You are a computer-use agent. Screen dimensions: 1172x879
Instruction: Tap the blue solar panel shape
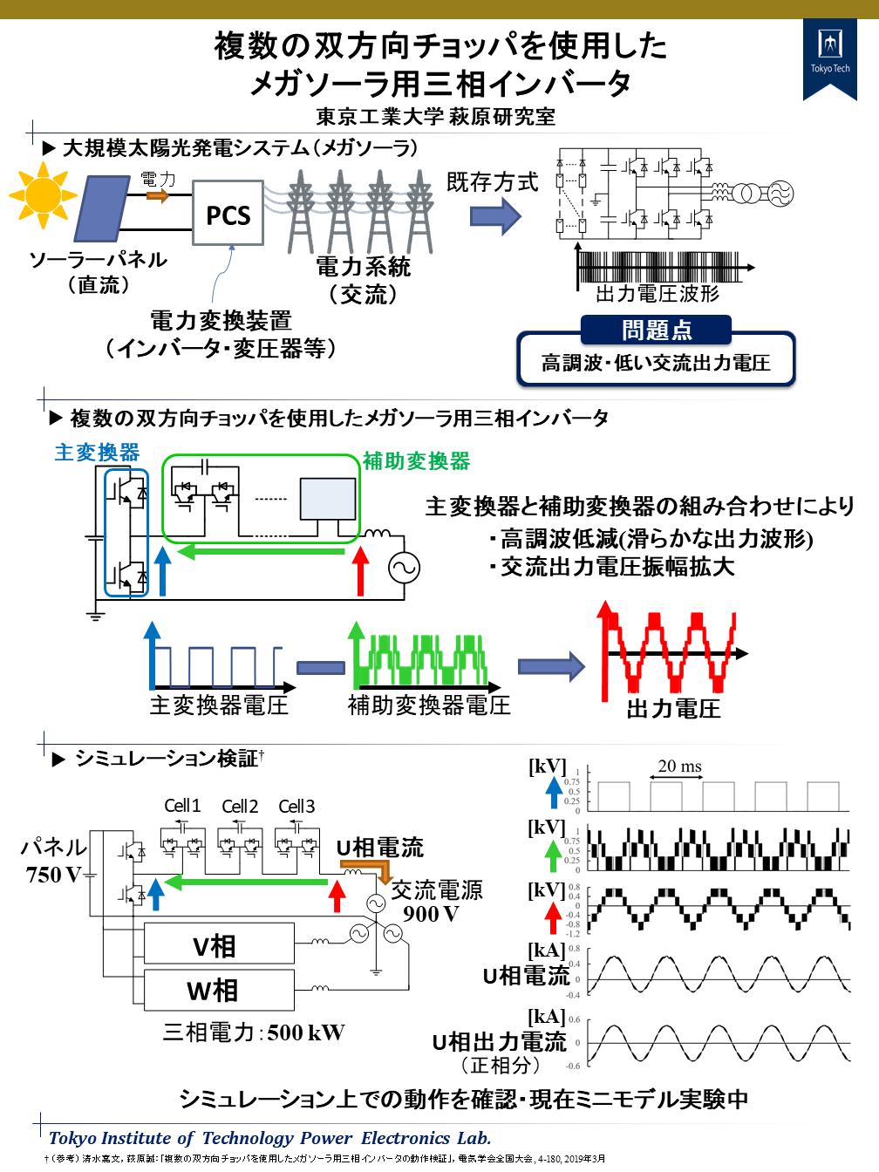coord(102,208)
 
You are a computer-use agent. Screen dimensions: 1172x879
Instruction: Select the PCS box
coord(228,215)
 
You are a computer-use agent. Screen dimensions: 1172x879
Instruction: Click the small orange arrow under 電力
coord(158,195)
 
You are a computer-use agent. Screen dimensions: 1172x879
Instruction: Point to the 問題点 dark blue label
coord(657,330)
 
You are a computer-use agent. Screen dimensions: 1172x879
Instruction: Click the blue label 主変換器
coord(97,453)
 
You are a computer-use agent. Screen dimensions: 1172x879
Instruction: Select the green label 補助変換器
coord(416,460)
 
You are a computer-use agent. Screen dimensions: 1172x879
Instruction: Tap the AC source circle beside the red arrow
coord(405,569)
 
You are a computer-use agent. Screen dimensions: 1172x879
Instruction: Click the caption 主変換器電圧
coord(219,705)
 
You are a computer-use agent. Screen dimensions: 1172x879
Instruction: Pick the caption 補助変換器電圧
coord(429,705)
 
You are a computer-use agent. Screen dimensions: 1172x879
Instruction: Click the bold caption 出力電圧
coord(673,709)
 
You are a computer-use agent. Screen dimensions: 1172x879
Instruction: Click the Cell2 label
coord(240,807)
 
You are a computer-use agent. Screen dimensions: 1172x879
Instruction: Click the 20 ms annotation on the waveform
coord(679,766)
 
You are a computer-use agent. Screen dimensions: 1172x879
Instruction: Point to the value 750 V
coord(53,875)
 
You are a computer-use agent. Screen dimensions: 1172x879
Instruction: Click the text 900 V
coord(431,914)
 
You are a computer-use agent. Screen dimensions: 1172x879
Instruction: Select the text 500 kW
coord(306,1032)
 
